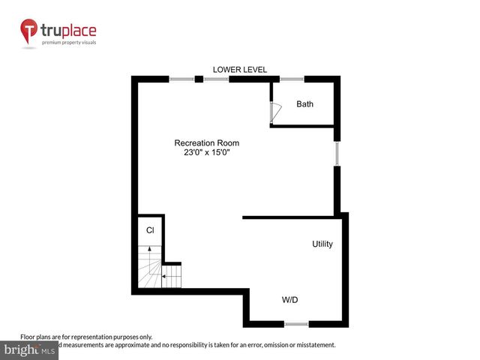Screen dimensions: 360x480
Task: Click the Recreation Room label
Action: coord(207,142)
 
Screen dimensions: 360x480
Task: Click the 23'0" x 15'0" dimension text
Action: coord(207,153)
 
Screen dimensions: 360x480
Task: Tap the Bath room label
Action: coord(304,104)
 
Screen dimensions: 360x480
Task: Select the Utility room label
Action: coord(322,244)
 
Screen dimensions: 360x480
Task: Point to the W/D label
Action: coord(290,300)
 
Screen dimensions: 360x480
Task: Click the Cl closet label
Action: coord(150,230)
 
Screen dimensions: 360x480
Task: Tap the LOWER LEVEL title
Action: coord(240,70)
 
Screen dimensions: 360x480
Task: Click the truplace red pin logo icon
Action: coord(29,32)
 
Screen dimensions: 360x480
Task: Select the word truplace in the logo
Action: coord(68,31)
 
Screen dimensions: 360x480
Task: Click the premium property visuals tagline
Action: coord(68,43)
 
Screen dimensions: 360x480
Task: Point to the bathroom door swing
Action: coord(274,111)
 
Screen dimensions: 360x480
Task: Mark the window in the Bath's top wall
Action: coord(292,79)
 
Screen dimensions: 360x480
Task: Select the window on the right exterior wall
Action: coord(337,154)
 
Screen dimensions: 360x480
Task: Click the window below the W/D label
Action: coord(295,324)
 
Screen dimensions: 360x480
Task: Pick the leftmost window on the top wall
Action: coord(181,79)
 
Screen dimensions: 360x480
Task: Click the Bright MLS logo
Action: coord(30,349)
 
